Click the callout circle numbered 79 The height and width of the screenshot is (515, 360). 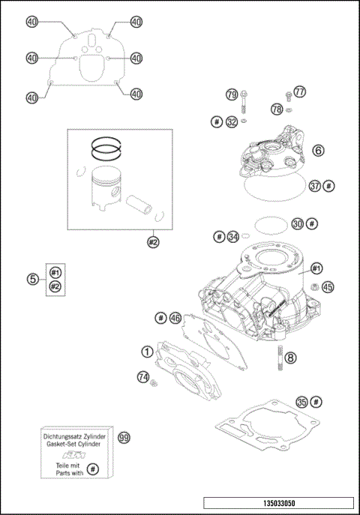[x=232, y=94]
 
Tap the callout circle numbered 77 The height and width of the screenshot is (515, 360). [x=301, y=92]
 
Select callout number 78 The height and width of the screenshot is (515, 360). [x=277, y=109]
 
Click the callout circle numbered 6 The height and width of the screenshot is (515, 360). [x=319, y=151]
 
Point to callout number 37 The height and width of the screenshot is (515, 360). [x=315, y=185]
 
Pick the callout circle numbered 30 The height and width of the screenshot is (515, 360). [x=298, y=223]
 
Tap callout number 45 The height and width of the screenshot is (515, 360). [x=327, y=286]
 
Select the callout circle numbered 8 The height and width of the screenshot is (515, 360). [x=291, y=358]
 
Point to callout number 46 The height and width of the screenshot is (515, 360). [x=175, y=318]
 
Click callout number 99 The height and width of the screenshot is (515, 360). [x=124, y=437]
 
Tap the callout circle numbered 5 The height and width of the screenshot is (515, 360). [x=33, y=279]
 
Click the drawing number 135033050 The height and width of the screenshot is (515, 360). [x=277, y=504]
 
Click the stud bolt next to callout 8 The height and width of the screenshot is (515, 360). [x=280, y=356]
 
